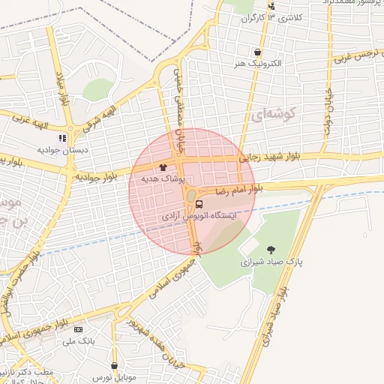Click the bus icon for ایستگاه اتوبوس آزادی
point(199,203)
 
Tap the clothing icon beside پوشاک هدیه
point(163,167)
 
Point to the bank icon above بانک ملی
point(79,330)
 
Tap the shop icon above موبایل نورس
point(114,366)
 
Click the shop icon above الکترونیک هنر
point(258,52)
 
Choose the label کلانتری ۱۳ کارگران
point(274,16)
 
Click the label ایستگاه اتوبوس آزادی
point(199,216)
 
